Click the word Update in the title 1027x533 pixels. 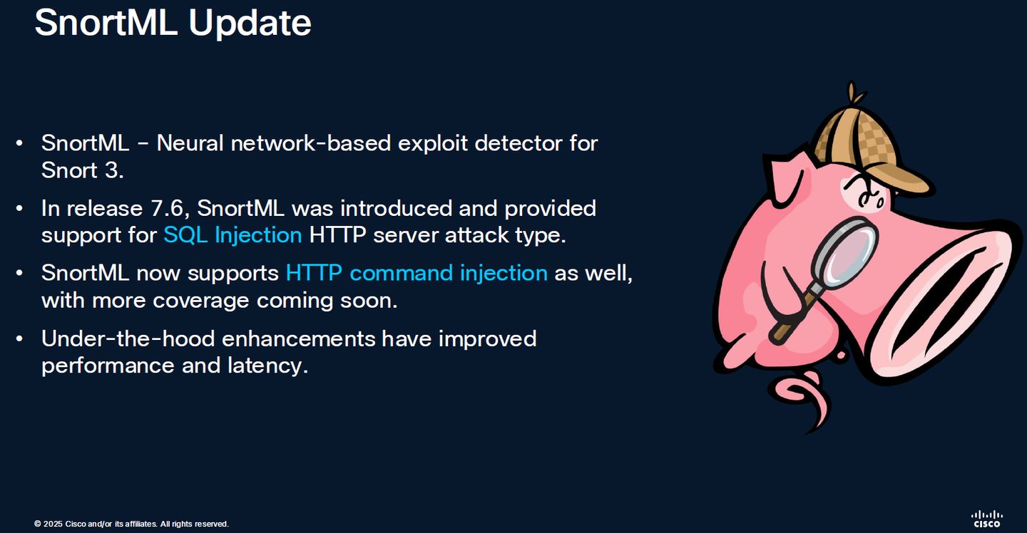[250, 24]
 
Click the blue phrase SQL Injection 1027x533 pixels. [233, 235]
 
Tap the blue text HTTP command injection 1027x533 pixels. [417, 274]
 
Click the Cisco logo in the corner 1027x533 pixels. [987, 519]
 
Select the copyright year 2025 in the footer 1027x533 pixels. [53, 524]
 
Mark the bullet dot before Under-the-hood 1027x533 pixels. [19, 339]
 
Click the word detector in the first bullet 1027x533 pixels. [518, 143]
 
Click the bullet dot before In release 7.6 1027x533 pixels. [19, 208]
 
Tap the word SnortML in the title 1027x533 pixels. [106, 23]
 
